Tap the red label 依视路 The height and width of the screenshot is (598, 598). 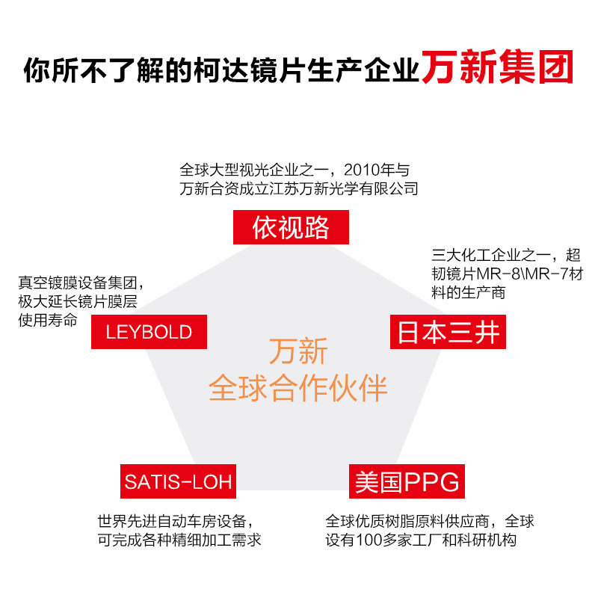291,227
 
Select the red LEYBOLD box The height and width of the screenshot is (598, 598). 149,331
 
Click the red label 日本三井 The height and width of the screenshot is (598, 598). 448,332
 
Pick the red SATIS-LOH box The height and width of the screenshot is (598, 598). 178,481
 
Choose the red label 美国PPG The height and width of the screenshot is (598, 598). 407,481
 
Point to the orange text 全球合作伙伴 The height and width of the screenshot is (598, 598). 298,389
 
